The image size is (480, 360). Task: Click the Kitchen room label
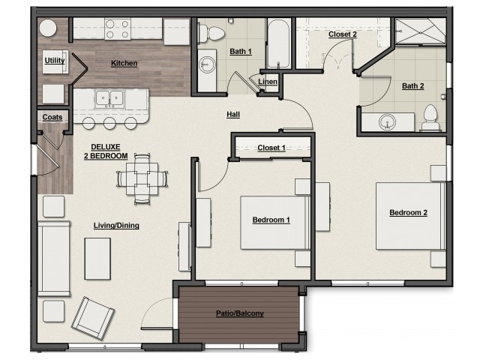[x=124, y=63]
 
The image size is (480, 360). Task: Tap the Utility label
[x=54, y=60]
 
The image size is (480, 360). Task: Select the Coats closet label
[x=52, y=117]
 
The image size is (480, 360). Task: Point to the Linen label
[x=268, y=81]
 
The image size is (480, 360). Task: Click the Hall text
[x=233, y=114]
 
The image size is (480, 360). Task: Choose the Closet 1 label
[x=271, y=148]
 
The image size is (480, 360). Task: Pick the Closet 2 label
[x=342, y=34]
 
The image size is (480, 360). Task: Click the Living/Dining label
[x=116, y=225]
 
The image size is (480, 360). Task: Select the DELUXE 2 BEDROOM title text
[x=109, y=151]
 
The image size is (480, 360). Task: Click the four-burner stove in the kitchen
[x=118, y=28]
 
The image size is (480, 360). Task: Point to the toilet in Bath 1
[x=213, y=32]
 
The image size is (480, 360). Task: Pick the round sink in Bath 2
[x=388, y=120]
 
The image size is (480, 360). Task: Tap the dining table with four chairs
[x=142, y=179]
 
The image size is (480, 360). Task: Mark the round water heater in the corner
[x=49, y=28]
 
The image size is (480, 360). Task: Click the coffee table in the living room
[x=97, y=258]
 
